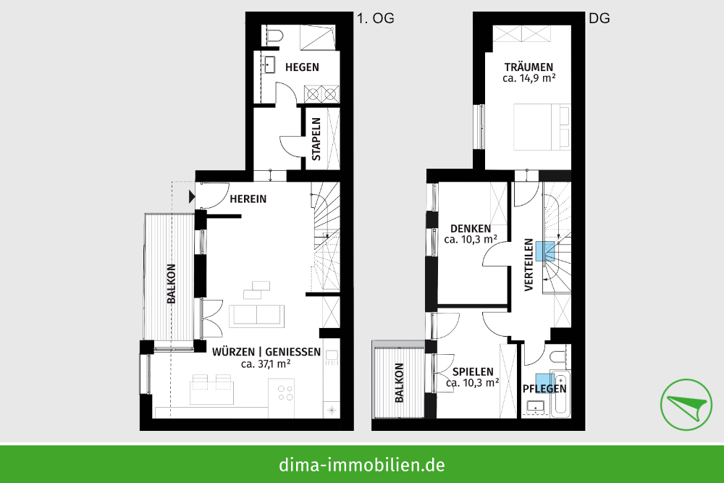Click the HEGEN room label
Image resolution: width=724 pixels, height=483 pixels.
[302, 67]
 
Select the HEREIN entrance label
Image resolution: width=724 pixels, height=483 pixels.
[248, 198]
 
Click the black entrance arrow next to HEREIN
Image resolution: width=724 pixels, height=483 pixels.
[192, 196]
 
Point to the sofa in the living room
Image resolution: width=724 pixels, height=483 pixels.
[256, 316]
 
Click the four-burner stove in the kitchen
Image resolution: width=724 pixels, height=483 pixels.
[285, 392]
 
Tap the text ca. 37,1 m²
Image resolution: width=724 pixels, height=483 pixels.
[266, 364]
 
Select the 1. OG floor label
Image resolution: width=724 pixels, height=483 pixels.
[376, 19]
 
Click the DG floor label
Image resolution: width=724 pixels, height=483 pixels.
[599, 19]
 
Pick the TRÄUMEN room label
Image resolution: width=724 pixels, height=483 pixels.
[529, 66]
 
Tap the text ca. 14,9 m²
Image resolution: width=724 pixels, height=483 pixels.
[529, 78]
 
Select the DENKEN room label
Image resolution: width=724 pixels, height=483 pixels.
[471, 227]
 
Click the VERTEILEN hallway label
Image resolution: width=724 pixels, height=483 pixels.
[529, 265]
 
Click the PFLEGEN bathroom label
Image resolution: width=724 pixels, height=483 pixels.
[544, 389]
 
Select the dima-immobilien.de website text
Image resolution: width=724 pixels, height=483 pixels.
[361, 463]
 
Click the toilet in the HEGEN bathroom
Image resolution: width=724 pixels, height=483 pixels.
[274, 35]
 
